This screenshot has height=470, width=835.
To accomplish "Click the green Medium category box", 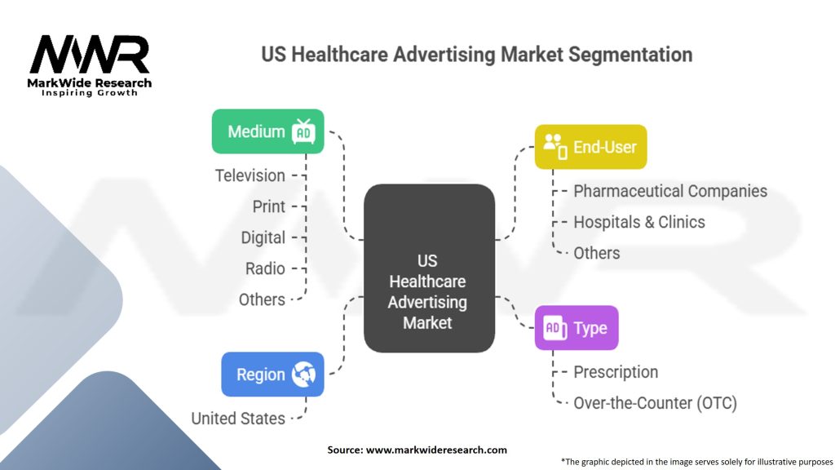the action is (267, 131).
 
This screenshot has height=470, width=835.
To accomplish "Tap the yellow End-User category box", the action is (590, 147).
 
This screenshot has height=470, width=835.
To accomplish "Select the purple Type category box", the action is (577, 328).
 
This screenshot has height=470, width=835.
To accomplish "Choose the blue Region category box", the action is (272, 374).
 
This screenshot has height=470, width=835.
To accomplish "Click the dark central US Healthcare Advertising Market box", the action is (429, 268).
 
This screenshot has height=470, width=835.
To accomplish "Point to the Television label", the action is (250, 176).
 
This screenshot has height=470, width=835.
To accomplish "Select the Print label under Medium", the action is (269, 206).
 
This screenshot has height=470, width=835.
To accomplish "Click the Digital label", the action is (263, 237).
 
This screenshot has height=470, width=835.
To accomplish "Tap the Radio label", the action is (265, 268).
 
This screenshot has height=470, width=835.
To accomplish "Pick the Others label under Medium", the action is (262, 300).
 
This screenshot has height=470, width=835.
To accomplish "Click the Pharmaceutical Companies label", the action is (670, 191).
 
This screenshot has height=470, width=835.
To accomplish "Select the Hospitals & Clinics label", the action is (639, 222).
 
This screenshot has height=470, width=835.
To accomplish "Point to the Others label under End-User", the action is (596, 253).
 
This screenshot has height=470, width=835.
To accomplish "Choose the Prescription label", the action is (616, 372).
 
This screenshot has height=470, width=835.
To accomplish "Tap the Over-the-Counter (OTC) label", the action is (655, 403).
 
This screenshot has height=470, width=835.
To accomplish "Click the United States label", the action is (238, 419).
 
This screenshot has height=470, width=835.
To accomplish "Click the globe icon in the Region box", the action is (303, 374).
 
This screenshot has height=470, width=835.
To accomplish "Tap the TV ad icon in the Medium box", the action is (303, 131).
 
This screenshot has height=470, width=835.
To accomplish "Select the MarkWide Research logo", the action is (90, 65).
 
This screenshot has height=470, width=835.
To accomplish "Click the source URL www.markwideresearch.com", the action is (436, 450).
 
